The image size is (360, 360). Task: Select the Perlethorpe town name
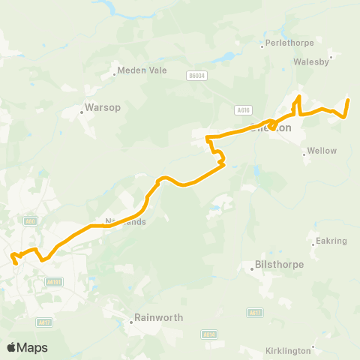click(x=286, y=44)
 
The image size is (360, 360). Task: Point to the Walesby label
click(x=312, y=62)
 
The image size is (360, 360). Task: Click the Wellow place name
click(x=322, y=151)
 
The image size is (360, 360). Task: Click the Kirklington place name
click(x=288, y=351)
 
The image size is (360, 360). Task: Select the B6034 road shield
click(x=197, y=75)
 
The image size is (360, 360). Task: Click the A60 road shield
click(x=30, y=220)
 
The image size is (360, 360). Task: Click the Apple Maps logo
click(x=27, y=347)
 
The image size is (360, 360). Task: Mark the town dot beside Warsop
click(x=82, y=113)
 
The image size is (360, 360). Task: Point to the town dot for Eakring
click(x=313, y=241)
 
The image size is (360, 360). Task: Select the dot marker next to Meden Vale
click(x=114, y=73)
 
